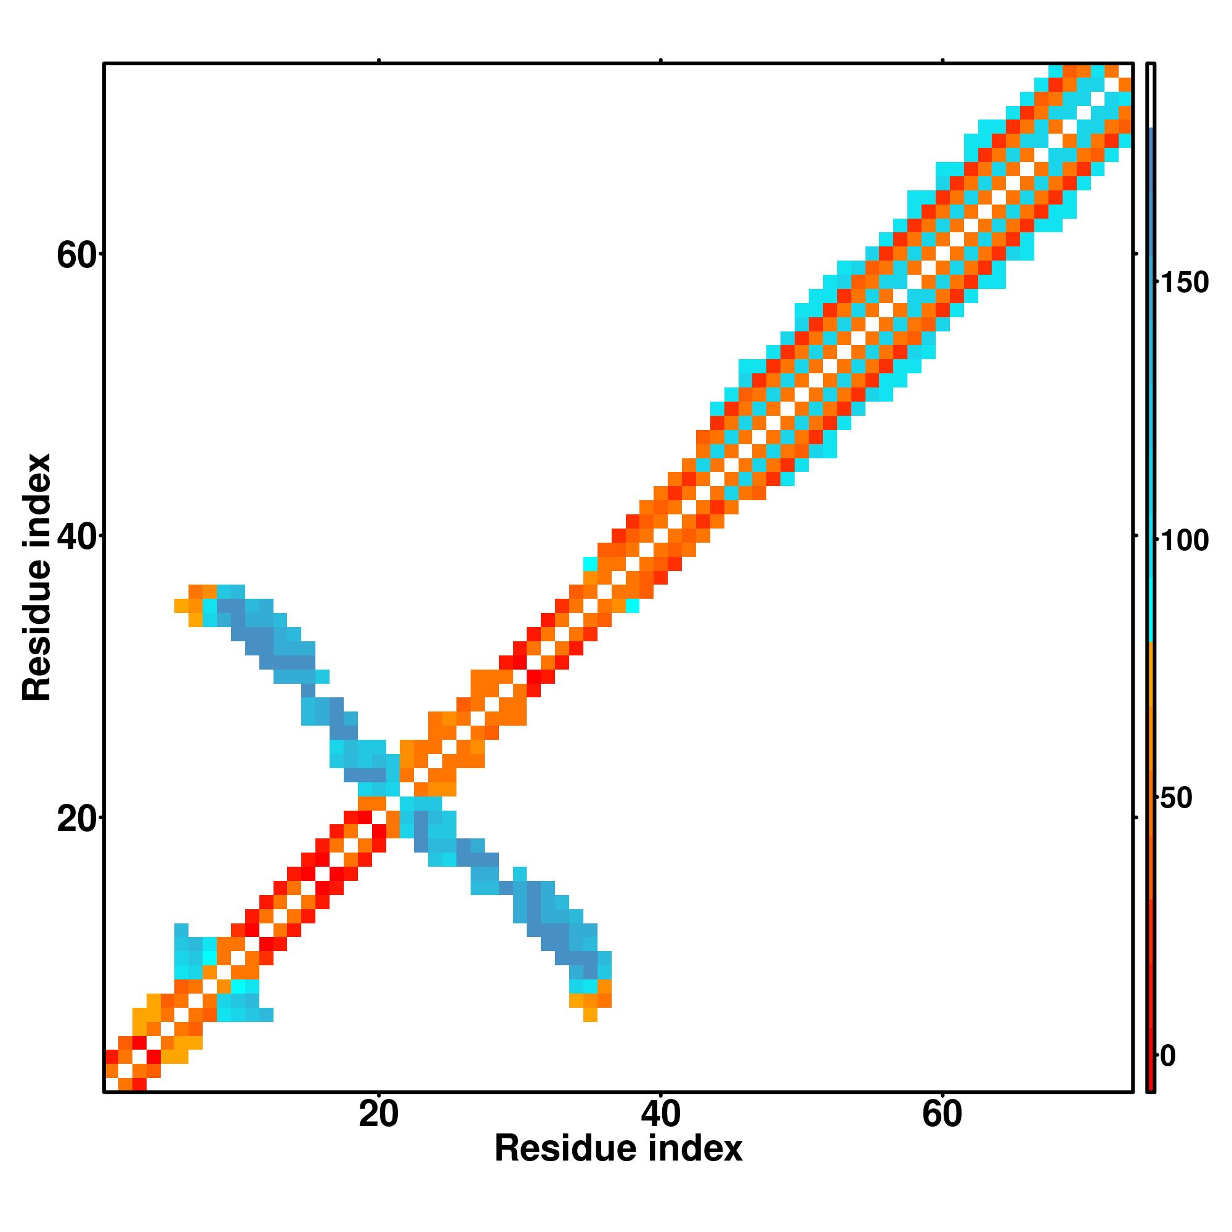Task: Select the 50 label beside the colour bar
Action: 1176,798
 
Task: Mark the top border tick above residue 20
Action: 379,60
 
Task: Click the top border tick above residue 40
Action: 660,60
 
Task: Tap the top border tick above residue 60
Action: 942,60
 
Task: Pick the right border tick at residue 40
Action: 1136,537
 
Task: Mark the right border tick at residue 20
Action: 1136,817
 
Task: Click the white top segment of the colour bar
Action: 1151,95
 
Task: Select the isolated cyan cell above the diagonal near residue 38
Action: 591,564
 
